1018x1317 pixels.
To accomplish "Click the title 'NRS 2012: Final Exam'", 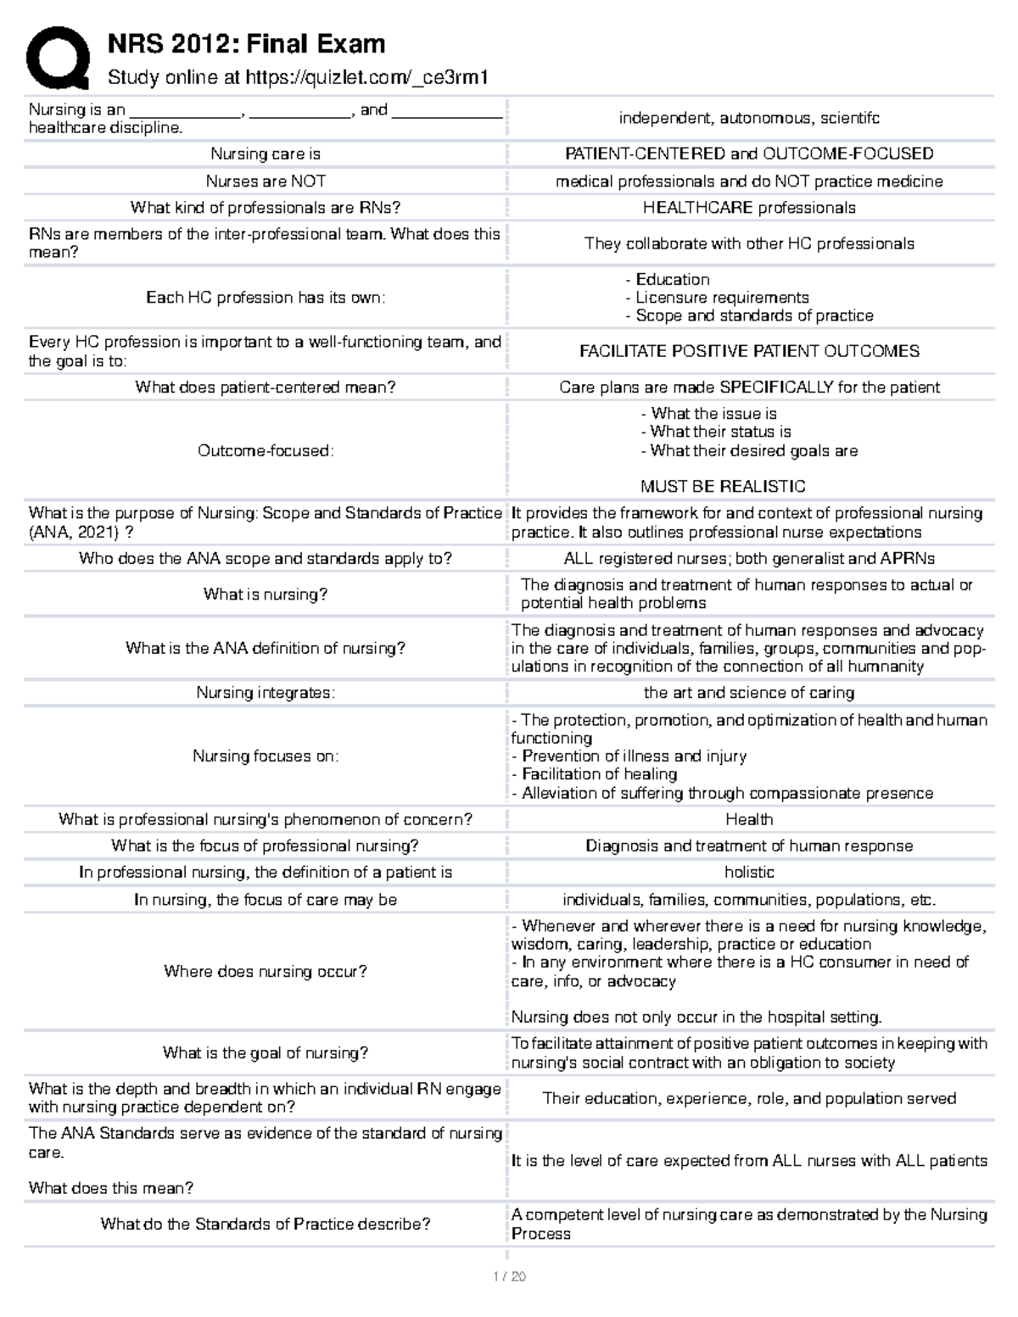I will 246,43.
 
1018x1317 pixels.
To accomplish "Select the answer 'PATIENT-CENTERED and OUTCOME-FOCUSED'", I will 749,153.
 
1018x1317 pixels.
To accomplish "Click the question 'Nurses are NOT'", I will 266,181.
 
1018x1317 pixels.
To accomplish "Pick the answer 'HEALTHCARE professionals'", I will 749,208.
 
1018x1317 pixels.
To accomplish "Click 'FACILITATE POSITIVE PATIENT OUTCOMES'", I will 749,351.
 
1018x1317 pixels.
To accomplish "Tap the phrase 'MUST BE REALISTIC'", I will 723,487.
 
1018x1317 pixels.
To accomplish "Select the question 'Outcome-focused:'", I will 266,451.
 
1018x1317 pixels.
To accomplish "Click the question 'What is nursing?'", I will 266,594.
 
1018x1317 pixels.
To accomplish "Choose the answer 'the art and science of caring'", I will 749,693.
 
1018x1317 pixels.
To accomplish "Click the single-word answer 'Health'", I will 749,819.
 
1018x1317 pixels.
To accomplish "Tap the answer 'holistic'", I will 749,873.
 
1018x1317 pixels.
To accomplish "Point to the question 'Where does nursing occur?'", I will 266,972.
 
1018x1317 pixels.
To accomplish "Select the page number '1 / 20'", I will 508,1277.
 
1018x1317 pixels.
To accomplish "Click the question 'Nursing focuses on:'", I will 266,756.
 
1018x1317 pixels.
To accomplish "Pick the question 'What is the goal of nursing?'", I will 266,1053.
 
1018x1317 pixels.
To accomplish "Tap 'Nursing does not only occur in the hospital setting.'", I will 696,1018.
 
